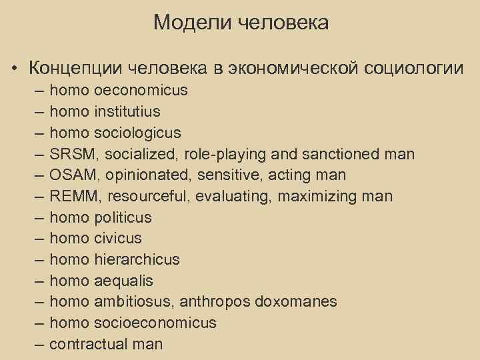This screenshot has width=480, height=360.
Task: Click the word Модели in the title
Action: (x=183, y=23)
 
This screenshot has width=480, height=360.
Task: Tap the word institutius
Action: (x=127, y=111)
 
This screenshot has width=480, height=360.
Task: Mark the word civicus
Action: (x=118, y=239)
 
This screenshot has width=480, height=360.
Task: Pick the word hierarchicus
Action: (x=137, y=260)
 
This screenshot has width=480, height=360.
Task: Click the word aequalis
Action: (x=123, y=281)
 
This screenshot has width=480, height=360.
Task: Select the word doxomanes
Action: (x=304, y=302)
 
